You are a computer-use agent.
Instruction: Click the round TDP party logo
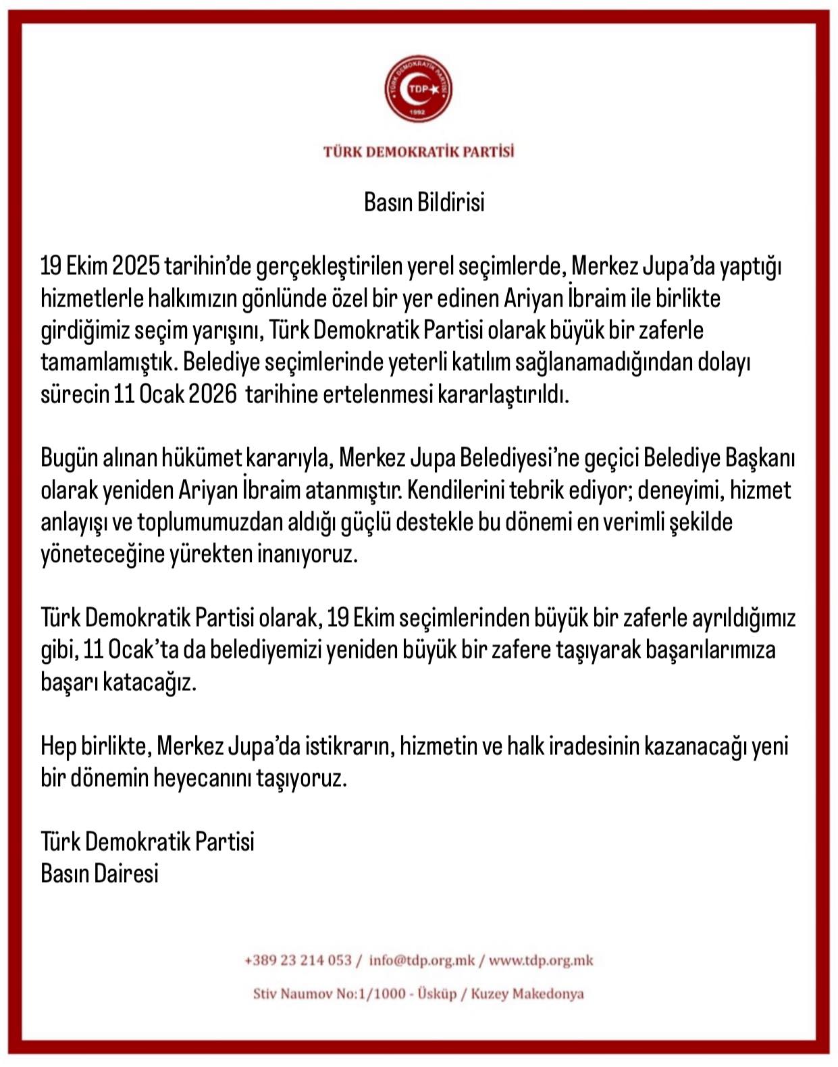(418, 90)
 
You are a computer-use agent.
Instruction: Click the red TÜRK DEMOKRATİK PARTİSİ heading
(419, 151)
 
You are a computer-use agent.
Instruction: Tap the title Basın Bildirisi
(424, 202)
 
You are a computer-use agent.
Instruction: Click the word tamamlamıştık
(109, 363)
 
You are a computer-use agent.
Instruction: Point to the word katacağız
(149, 682)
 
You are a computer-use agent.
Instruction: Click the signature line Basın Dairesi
(100, 874)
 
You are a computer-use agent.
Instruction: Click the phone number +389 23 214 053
(298, 960)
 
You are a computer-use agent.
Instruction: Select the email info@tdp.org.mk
(422, 960)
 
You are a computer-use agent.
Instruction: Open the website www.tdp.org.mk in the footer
(541, 960)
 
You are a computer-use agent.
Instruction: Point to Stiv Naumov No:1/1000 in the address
(330, 994)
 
